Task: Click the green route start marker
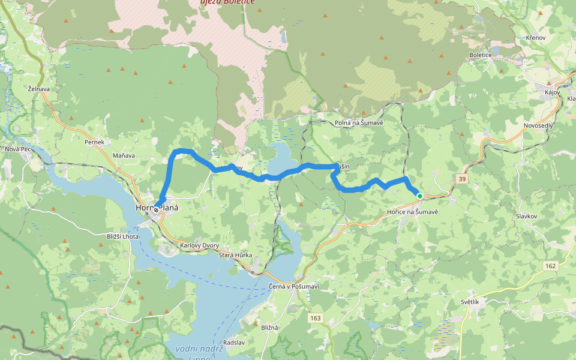419,196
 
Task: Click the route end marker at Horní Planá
156,210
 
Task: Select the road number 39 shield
461,179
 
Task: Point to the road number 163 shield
316,317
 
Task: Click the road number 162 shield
550,265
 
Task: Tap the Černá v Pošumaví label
294,286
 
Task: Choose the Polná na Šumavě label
359,123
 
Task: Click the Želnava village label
39,89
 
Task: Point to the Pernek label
95,142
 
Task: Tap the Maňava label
124,155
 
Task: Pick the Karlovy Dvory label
199,245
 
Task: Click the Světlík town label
470,302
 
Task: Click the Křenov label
535,38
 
